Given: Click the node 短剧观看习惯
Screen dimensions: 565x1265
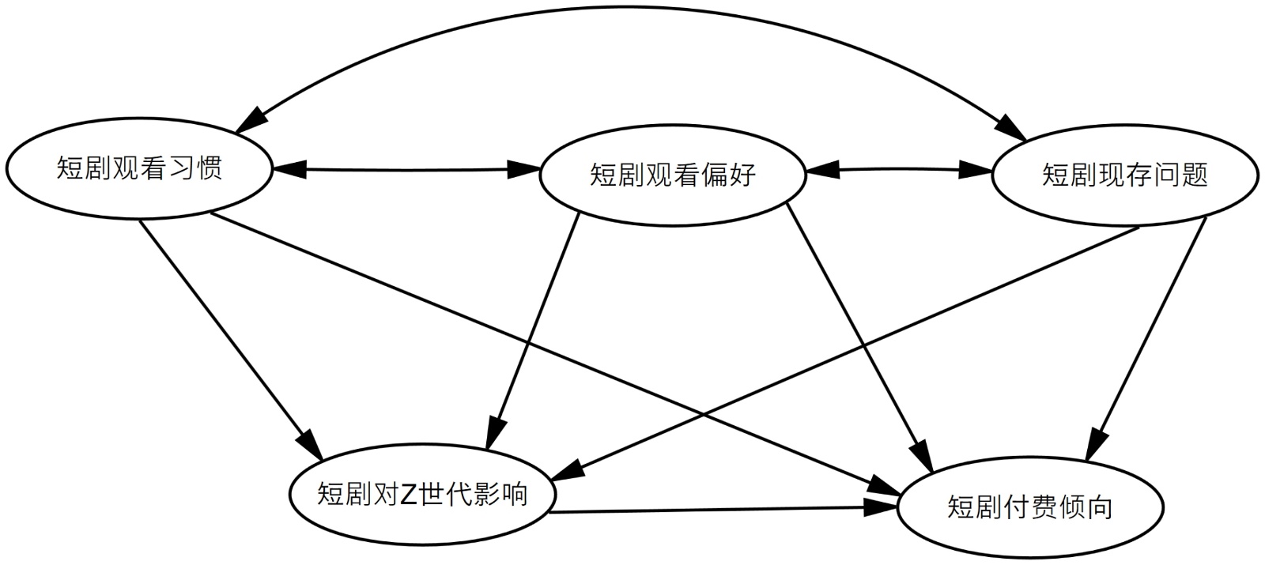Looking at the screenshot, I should (x=139, y=168).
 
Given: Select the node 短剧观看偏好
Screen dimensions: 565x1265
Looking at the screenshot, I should (x=673, y=175).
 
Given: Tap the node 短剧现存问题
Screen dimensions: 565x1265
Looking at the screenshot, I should (x=1124, y=175).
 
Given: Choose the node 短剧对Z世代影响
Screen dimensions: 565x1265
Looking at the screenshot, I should (x=422, y=494).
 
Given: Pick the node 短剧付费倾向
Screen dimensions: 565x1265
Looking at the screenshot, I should (x=1029, y=507).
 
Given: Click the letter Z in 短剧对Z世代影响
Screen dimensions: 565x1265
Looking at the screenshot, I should (x=408, y=495).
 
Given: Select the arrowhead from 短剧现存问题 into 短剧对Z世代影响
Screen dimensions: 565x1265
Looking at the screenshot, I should (x=568, y=469).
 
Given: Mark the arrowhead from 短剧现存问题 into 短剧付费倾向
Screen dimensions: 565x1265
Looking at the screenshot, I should (x=1094, y=445).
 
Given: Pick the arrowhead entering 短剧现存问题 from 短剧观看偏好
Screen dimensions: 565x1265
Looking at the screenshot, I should (x=977, y=169).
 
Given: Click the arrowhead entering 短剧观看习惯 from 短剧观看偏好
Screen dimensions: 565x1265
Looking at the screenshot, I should (x=288, y=168).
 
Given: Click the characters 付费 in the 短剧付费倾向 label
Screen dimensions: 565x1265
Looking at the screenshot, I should (x=1029, y=507).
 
